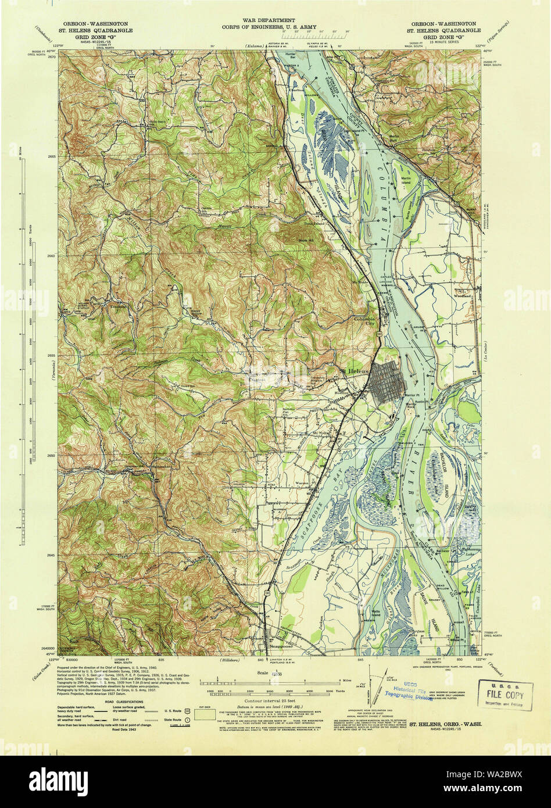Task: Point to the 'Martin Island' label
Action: click(405, 180)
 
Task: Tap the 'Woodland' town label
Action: click(463, 295)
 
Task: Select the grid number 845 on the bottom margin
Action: click(361, 660)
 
